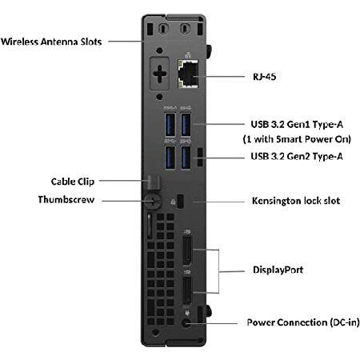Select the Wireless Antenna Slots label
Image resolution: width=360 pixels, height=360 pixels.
(51, 42)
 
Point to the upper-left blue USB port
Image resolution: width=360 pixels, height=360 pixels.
(168, 126)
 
